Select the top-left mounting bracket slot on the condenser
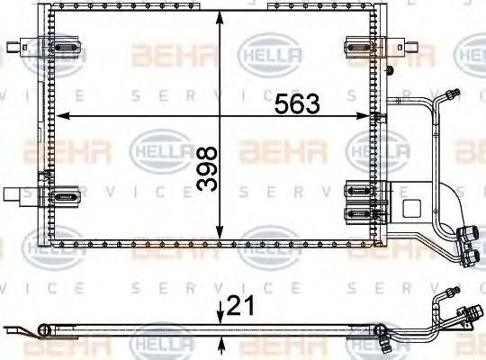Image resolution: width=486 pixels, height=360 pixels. (x=65, y=45)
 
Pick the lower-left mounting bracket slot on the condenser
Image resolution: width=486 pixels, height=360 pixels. (x=65, y=195)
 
